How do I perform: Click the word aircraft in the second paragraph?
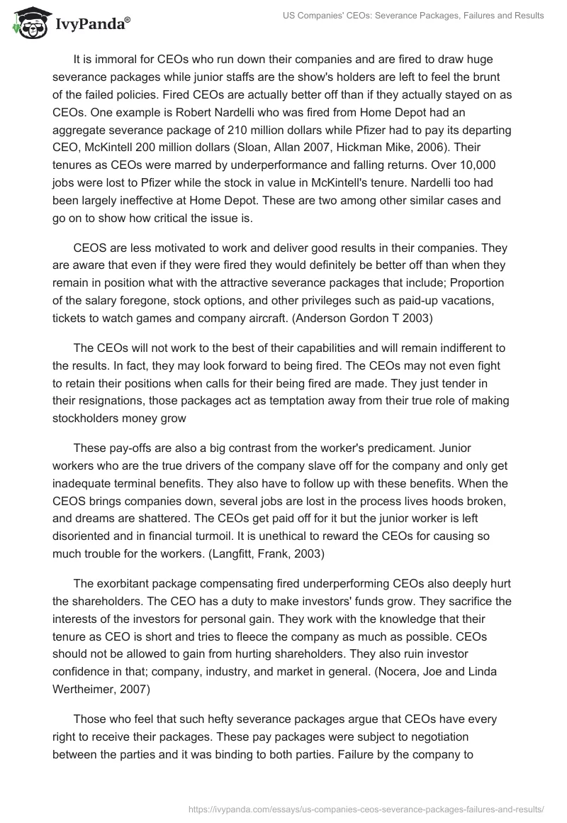coord(252,319)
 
